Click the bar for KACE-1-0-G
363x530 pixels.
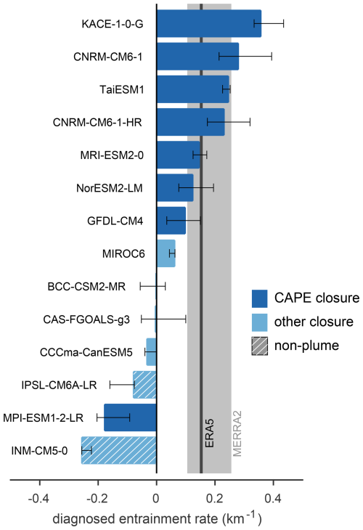(x=208, y=23)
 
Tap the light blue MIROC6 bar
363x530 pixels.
(x=166, y=253)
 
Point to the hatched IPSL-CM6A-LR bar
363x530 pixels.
(x=144, y=385)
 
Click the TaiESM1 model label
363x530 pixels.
(x=121, y=89)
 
